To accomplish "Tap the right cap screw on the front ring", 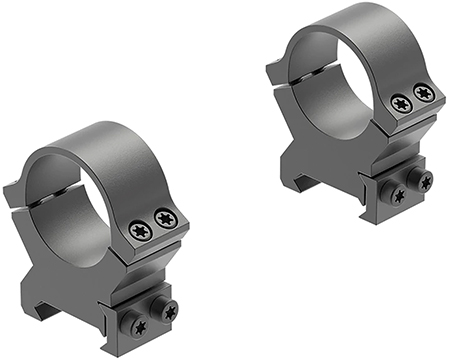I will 163,217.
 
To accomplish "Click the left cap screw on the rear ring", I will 401,102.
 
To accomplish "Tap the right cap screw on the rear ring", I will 423,92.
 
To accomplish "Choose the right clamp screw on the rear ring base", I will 425,181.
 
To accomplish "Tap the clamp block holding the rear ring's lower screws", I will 411,187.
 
